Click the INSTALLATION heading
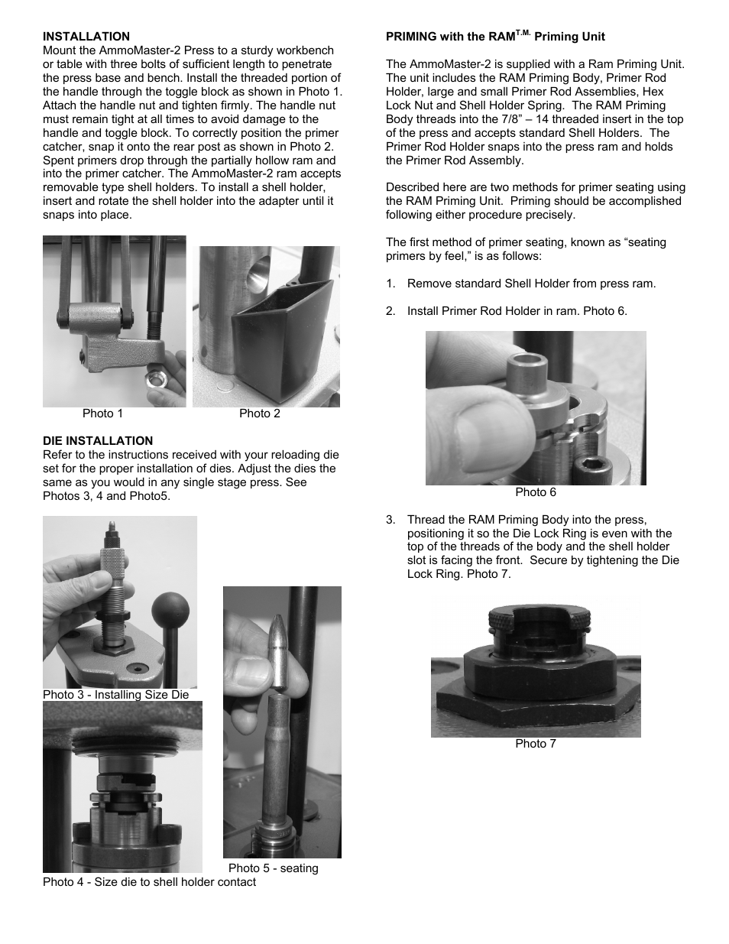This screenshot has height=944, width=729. (86, 37)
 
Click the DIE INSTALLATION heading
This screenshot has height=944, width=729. (98, 441)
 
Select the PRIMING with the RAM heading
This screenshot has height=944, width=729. (495, 36)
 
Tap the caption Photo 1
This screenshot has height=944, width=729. (102, 414)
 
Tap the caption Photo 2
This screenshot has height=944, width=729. (260, 414)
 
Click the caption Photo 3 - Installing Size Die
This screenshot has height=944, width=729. (115, 695)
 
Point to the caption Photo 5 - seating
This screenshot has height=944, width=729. (273, 868)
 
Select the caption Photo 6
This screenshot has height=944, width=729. (536, 492)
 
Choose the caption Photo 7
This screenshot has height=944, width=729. (536, 744)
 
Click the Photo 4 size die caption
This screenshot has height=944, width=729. (149, 882)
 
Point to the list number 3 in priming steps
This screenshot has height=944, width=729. (390, 521)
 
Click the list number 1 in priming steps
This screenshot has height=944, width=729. (390, 284)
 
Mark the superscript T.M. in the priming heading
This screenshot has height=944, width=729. (522, 33)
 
